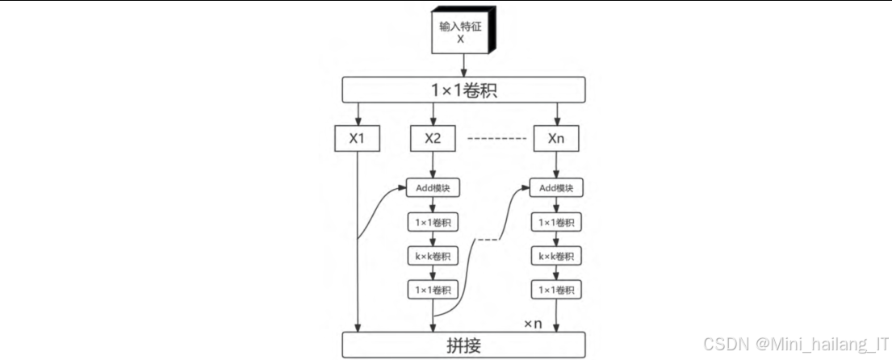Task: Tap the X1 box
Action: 358,138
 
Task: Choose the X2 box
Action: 433,138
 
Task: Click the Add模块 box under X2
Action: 433,189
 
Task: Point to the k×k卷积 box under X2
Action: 433,257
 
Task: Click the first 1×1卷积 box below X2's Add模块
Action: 433,223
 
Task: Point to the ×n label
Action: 533,324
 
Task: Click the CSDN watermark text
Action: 795,345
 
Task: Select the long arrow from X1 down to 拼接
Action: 358,242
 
